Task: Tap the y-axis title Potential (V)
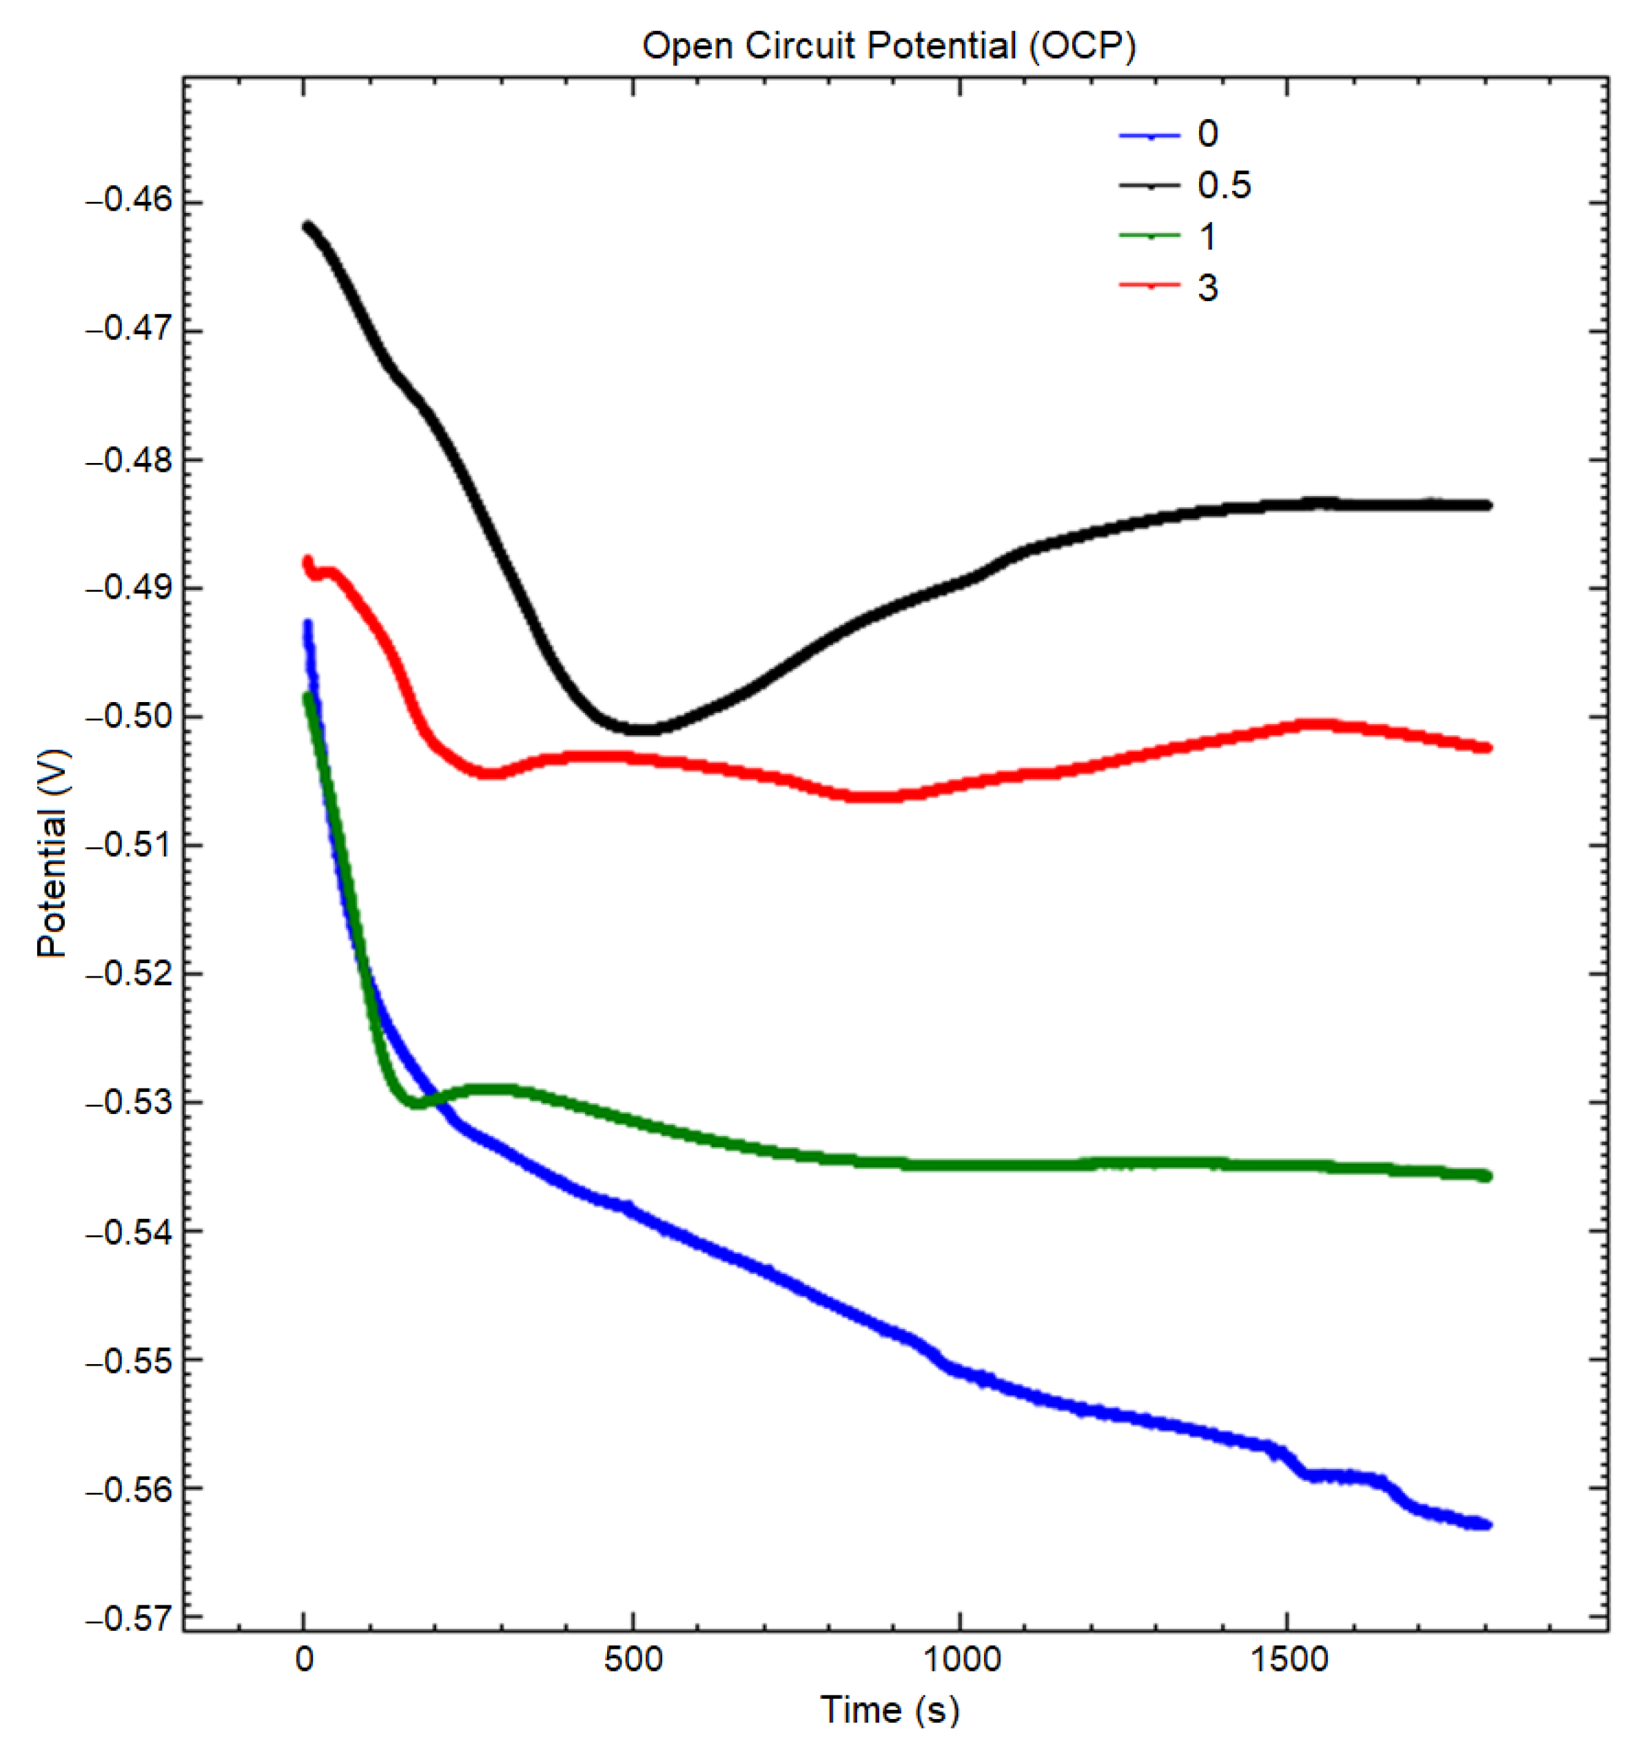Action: [x=53, y=852]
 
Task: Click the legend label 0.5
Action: [x=1224, y=185]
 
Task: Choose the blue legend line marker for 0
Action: [x=1149, y=135]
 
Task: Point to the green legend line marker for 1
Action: [x=1149, y=236]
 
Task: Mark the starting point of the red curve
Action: [x=307, y=561]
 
